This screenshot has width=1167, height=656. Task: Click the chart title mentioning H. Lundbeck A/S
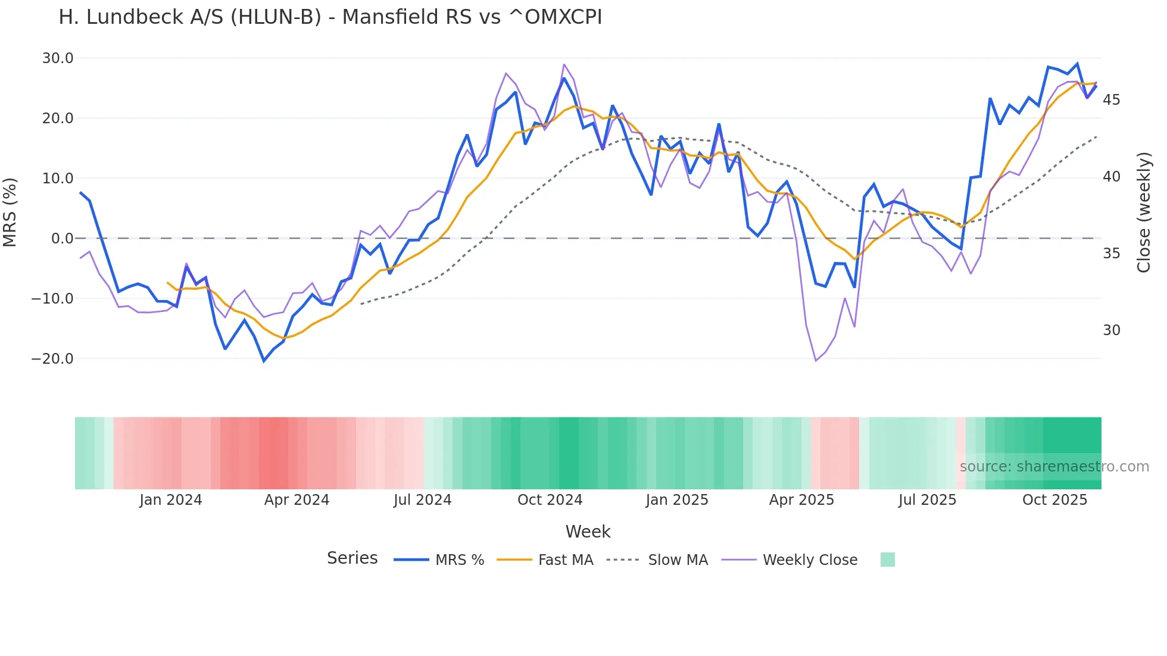click(x=330, y=17)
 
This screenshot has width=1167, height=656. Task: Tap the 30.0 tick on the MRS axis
click(x=58, y=58)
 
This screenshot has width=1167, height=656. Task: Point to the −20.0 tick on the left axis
click(x=53, y=358)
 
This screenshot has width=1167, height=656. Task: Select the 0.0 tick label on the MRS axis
click(x=63, y=238)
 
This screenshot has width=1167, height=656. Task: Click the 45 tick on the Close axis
click(x=1111, y=100)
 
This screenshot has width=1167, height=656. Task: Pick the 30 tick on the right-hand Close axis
click(x=1111, y=330)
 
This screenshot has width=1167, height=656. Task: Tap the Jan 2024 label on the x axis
click(x=171, y=500)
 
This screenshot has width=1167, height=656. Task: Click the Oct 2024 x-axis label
click(x=550, y=500)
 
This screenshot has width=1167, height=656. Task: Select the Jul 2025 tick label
click(x=927, y=500)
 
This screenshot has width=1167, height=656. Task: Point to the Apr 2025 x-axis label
click(x=801, y=500)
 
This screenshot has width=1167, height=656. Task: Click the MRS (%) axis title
click(x=10, y=212)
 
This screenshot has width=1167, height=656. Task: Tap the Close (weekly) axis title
click(x=1144, y=213)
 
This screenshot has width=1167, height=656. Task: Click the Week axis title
click(x=588, y=532)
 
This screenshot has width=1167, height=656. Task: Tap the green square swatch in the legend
click(x=887, y=560)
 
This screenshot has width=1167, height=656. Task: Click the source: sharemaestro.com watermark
click(x=1054, y=467)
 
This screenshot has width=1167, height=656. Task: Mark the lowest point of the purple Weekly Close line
click(x=816, y=361)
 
